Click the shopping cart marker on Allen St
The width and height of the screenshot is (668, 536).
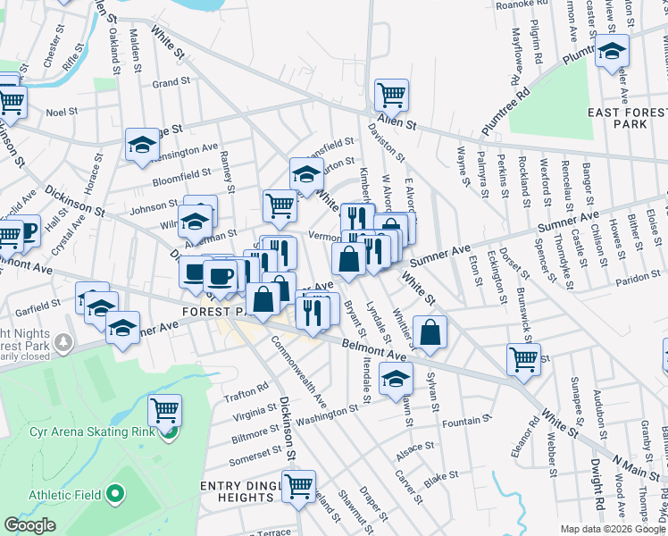pos(391,94)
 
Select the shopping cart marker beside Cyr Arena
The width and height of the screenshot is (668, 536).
pos(164,411)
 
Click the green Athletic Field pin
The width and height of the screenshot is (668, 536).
pos(114,493)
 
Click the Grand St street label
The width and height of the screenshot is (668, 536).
pos(171,82)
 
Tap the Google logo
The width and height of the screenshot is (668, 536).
pos(30,525)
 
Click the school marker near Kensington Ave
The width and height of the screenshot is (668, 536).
pos(142,144)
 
